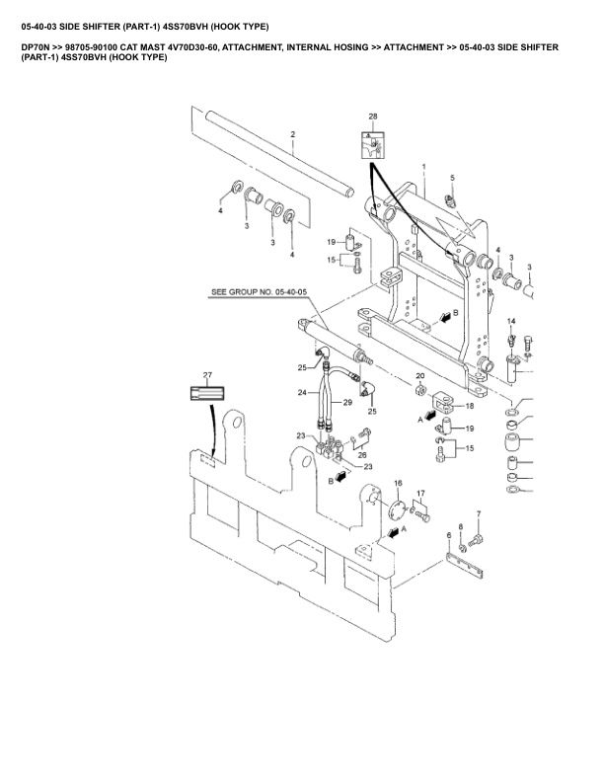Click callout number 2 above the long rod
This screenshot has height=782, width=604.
292,134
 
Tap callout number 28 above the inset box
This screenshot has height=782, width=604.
373,117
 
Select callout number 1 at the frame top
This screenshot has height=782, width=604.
422,167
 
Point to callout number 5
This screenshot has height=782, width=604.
452,178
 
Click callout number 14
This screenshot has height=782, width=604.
511,322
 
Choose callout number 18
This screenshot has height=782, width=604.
469,405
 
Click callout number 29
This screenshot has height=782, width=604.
347,404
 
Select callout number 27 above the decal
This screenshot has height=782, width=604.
207,375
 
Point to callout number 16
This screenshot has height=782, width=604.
398,483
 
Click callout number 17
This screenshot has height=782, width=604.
419,493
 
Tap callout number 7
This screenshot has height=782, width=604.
479,513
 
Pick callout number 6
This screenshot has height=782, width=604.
449,536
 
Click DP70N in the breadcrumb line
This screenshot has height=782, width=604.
36,46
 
